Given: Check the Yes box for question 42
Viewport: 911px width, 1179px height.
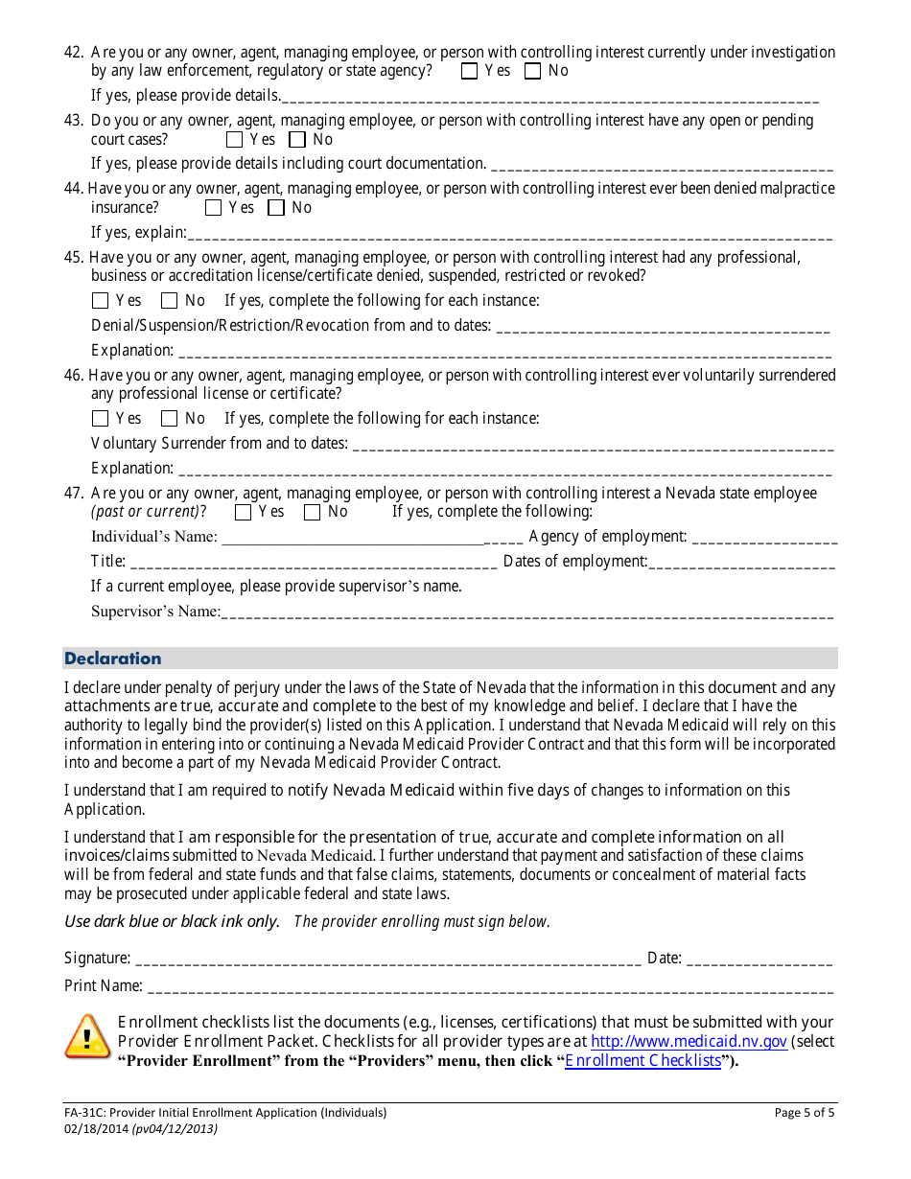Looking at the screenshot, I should click(469, 71).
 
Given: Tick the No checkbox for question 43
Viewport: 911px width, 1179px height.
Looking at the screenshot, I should click(297, 140).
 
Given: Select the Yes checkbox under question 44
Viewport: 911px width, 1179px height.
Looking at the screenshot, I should click(213, 208).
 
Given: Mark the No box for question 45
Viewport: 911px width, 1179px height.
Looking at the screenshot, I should click(170, 301).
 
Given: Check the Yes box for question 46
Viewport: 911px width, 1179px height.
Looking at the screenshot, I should click(101, 419).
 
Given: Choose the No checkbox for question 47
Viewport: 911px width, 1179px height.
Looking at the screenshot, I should click(312, 513).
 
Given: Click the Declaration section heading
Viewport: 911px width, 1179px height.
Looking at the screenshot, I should click(113, 659).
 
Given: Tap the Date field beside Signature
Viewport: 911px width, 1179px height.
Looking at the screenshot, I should click(759, 959).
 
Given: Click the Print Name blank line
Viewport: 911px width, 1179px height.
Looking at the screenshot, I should click(490, 986).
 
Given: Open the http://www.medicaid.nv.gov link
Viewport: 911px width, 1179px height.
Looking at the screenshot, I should click(689, 1042).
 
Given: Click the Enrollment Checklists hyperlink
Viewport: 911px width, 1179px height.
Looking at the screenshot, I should click(642, 1061).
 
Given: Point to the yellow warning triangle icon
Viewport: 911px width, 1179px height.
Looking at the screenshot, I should click(87, 1036).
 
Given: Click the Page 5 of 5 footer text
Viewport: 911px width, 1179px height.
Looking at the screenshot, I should click(804, 1114).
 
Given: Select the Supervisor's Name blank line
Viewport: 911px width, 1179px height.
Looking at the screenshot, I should click(526, 613).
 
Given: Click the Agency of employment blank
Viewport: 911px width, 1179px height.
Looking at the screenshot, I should click(764, 538).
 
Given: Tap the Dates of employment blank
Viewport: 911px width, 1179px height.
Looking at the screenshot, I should click(742, 563).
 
